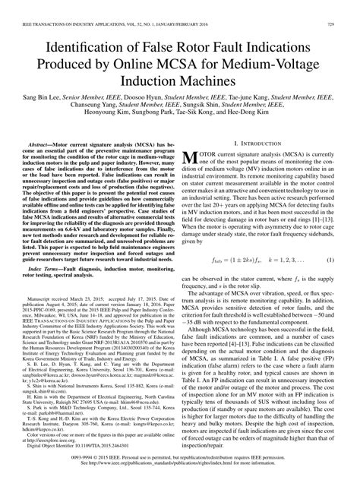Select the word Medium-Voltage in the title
[273, 65]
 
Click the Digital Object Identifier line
[89, 439]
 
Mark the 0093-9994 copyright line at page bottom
[180, 458]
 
